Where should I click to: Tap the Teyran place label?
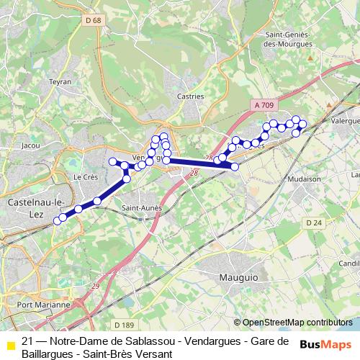tap(60, 82)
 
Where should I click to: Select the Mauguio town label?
tap(239, 275)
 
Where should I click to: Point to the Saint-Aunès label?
tap(141, 208)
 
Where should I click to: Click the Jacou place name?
tap(31, 145)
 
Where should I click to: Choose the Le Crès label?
tap(85, 176)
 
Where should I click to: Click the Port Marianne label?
tap(43, 305)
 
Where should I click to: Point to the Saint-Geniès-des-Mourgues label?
tap(289, 40)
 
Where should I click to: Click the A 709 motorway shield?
tap(264, 105)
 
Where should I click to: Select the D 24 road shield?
tap(313, 223)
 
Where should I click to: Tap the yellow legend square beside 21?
tap(11, 345)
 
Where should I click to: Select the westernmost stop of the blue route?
tap(58, 221)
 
